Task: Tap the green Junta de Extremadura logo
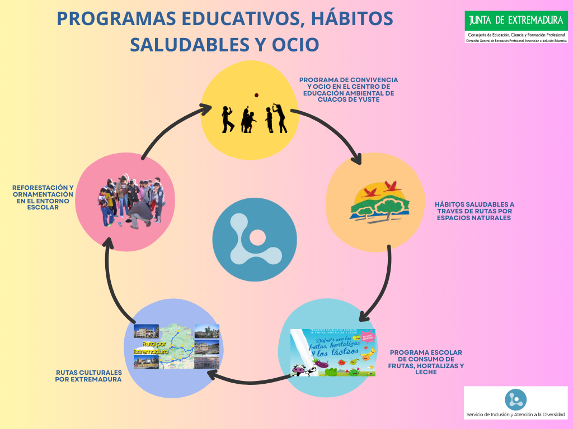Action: [x=515, y=21]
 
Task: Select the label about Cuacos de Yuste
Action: [x=348, y=90]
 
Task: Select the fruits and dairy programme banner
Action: [x=334, y=352]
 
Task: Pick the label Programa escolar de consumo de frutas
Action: [x=426, y=362]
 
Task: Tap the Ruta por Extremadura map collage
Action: [x=176, y=347]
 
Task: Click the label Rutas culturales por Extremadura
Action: [x=88, y=375]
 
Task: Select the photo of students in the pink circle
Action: [x=130, y=202]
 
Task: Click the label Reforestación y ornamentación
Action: [x=43, y=197]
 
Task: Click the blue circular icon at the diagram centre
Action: [x=255, y=239]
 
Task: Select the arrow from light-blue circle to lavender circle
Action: [x=241, y=382]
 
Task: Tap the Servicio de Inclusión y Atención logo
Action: [x=515, y=403]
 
